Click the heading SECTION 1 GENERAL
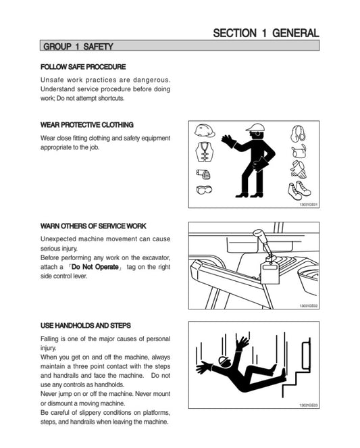click(x=266, y=33)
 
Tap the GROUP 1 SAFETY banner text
click(x=78, y=46)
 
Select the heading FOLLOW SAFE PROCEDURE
click(x=83, y=67)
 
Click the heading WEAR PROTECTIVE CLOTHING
click(x=87, y=125)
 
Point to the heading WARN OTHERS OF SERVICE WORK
click(x=93, y=226)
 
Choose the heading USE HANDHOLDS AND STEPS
click(x=86, y=326)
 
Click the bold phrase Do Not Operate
click(x=95, y=267)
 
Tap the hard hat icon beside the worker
click(x=205, y=131)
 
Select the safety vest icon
click(x=205, y=152)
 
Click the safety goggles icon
click(x=204, y=189)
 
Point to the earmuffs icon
click(x=298, y=134)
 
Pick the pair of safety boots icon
click(x=299, y=191)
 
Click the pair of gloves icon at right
click(x=299, y=170)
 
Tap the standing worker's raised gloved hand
click(x=228, y=141)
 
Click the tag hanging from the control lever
click(x=270, y=273)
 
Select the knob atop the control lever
click(x=259, y=234)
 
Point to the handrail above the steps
click(x=307, y=354)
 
